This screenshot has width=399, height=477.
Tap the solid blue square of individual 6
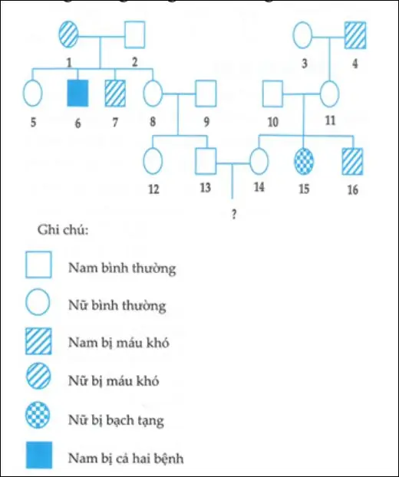77,93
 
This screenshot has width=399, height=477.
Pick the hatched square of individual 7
115,93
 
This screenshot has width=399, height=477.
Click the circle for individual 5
32,93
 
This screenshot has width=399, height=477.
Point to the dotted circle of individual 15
305,162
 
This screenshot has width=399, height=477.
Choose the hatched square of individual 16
353,162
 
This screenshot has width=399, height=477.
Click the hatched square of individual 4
355,35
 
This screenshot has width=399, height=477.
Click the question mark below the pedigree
232,215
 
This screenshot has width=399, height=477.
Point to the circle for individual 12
153,162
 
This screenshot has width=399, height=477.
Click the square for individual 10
274,93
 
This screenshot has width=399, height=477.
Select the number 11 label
330,120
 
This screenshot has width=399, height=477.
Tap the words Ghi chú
58,230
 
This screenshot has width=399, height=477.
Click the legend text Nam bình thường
122,268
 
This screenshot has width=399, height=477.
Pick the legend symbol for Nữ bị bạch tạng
38,419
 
